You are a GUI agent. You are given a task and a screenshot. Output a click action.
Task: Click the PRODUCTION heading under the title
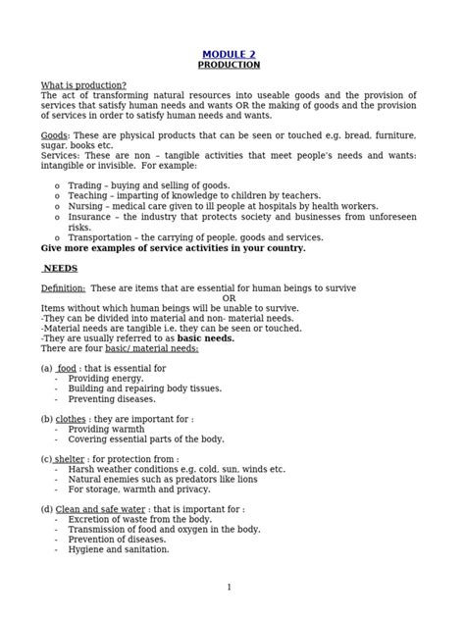point(229,65)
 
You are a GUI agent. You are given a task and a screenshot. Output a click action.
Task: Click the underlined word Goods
point(53,134)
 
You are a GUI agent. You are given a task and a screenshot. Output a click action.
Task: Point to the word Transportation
point(104,236)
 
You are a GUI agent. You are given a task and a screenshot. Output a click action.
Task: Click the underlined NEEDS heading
point(61,267)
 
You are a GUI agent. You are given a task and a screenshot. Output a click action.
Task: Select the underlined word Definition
point(63,287)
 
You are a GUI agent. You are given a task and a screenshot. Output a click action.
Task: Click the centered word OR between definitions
point(229,298)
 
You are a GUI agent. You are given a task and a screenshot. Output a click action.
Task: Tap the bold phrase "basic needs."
point(207,337)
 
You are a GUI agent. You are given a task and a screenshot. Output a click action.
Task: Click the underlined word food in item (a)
point(67,368)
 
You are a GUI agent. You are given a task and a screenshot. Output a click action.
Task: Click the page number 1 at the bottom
point(229,587)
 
